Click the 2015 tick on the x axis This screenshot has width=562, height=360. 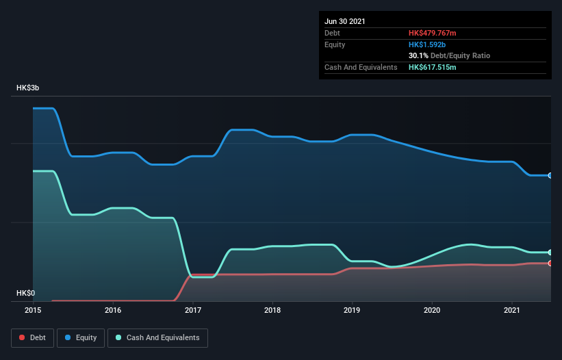coord(33,310)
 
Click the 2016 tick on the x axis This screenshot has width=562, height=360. coord(113,310)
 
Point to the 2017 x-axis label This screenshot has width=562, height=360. coord(193,310)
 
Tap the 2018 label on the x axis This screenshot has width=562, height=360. coord(272,310)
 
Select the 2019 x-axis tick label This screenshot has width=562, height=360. coord(353,310)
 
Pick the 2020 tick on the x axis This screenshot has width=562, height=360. coord(432,310)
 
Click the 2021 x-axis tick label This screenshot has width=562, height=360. coord(512,310)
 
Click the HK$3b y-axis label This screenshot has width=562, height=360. coord(28,88)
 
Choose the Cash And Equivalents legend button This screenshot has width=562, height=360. coord(157,337)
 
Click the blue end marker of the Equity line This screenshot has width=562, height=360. coord(550,176)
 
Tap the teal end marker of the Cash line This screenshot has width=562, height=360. coord(550,253)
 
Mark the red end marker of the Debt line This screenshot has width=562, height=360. coord(550,263)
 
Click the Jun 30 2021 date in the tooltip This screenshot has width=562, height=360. coord(345,21)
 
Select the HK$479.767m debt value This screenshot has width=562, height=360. coord(432,33)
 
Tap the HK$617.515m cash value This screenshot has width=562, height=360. coord(432,67)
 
